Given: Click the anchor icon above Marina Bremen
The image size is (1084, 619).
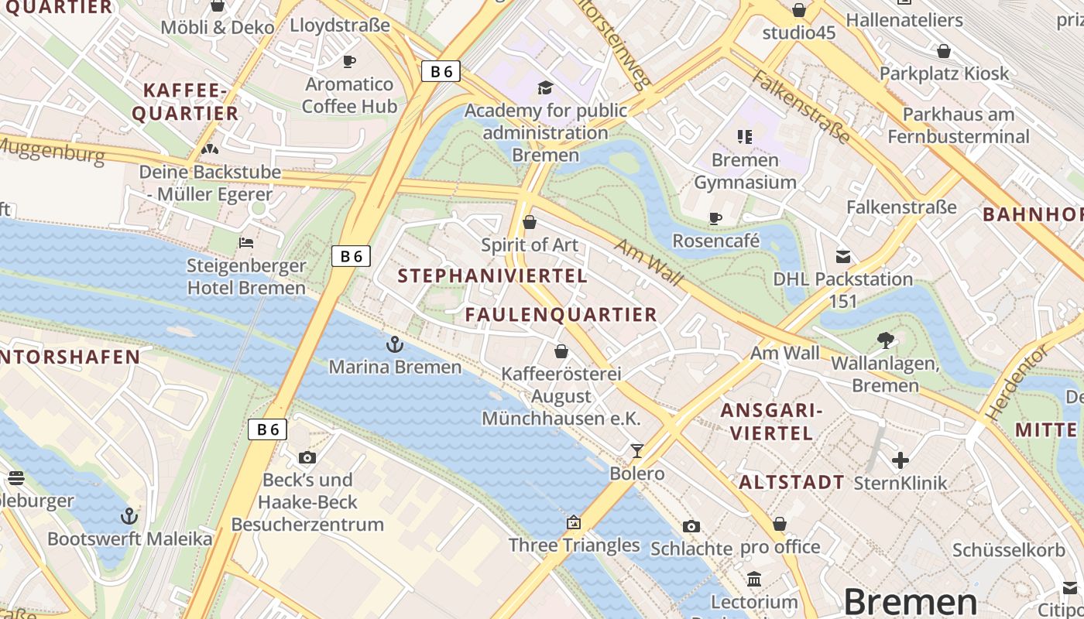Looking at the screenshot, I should pyautogui.click(x=395, y=344).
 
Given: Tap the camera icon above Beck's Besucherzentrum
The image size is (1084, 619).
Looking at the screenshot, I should pyautogui.click(x=307, y=457).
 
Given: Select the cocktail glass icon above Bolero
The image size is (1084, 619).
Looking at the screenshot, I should pyautogui.click(x=636, y=450).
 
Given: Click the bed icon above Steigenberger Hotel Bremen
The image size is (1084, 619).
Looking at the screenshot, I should pyautogui.click(x=246, y=243).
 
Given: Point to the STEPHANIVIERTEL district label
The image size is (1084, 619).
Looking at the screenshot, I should pyautogui.click(x=492, y=275).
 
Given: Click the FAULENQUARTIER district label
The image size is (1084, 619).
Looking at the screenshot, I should pyautogui.click(x=561, y=314).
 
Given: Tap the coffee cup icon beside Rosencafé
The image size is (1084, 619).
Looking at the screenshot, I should pyautogui.click(x=715, y=218).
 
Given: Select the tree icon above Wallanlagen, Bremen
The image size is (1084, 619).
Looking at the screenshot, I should pyautogui.click(x=885, y=340).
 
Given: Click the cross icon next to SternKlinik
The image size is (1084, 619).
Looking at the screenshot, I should pyautogui.click(x=900, y=460).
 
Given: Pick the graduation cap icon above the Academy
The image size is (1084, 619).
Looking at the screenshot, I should pyautogui.click(x=545, y=87).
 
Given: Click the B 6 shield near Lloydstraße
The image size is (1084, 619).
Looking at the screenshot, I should pyautogui.click(x=441, y=71).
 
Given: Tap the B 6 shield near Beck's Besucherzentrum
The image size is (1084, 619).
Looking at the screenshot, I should pyautogui.click(x=267, y=429).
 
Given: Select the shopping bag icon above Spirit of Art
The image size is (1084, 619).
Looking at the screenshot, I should pyautogui.click(x=530, y=223).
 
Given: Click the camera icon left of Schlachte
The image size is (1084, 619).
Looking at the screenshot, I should pyautogui.click(x=691, y=526).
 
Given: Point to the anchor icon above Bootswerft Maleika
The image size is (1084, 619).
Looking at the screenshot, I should pyautogui.click(x=129, y=515).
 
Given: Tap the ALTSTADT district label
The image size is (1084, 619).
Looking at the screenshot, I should pyautogui.click(x=791, y=482).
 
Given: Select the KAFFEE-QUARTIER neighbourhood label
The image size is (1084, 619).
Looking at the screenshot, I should pyautogui.click(x=185, y=102).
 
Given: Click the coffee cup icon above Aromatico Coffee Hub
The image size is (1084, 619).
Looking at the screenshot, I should pyautogui.click(x=349, y=61).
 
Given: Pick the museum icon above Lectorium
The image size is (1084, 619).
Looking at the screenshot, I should pyautogui.click(x=754, y=579).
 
